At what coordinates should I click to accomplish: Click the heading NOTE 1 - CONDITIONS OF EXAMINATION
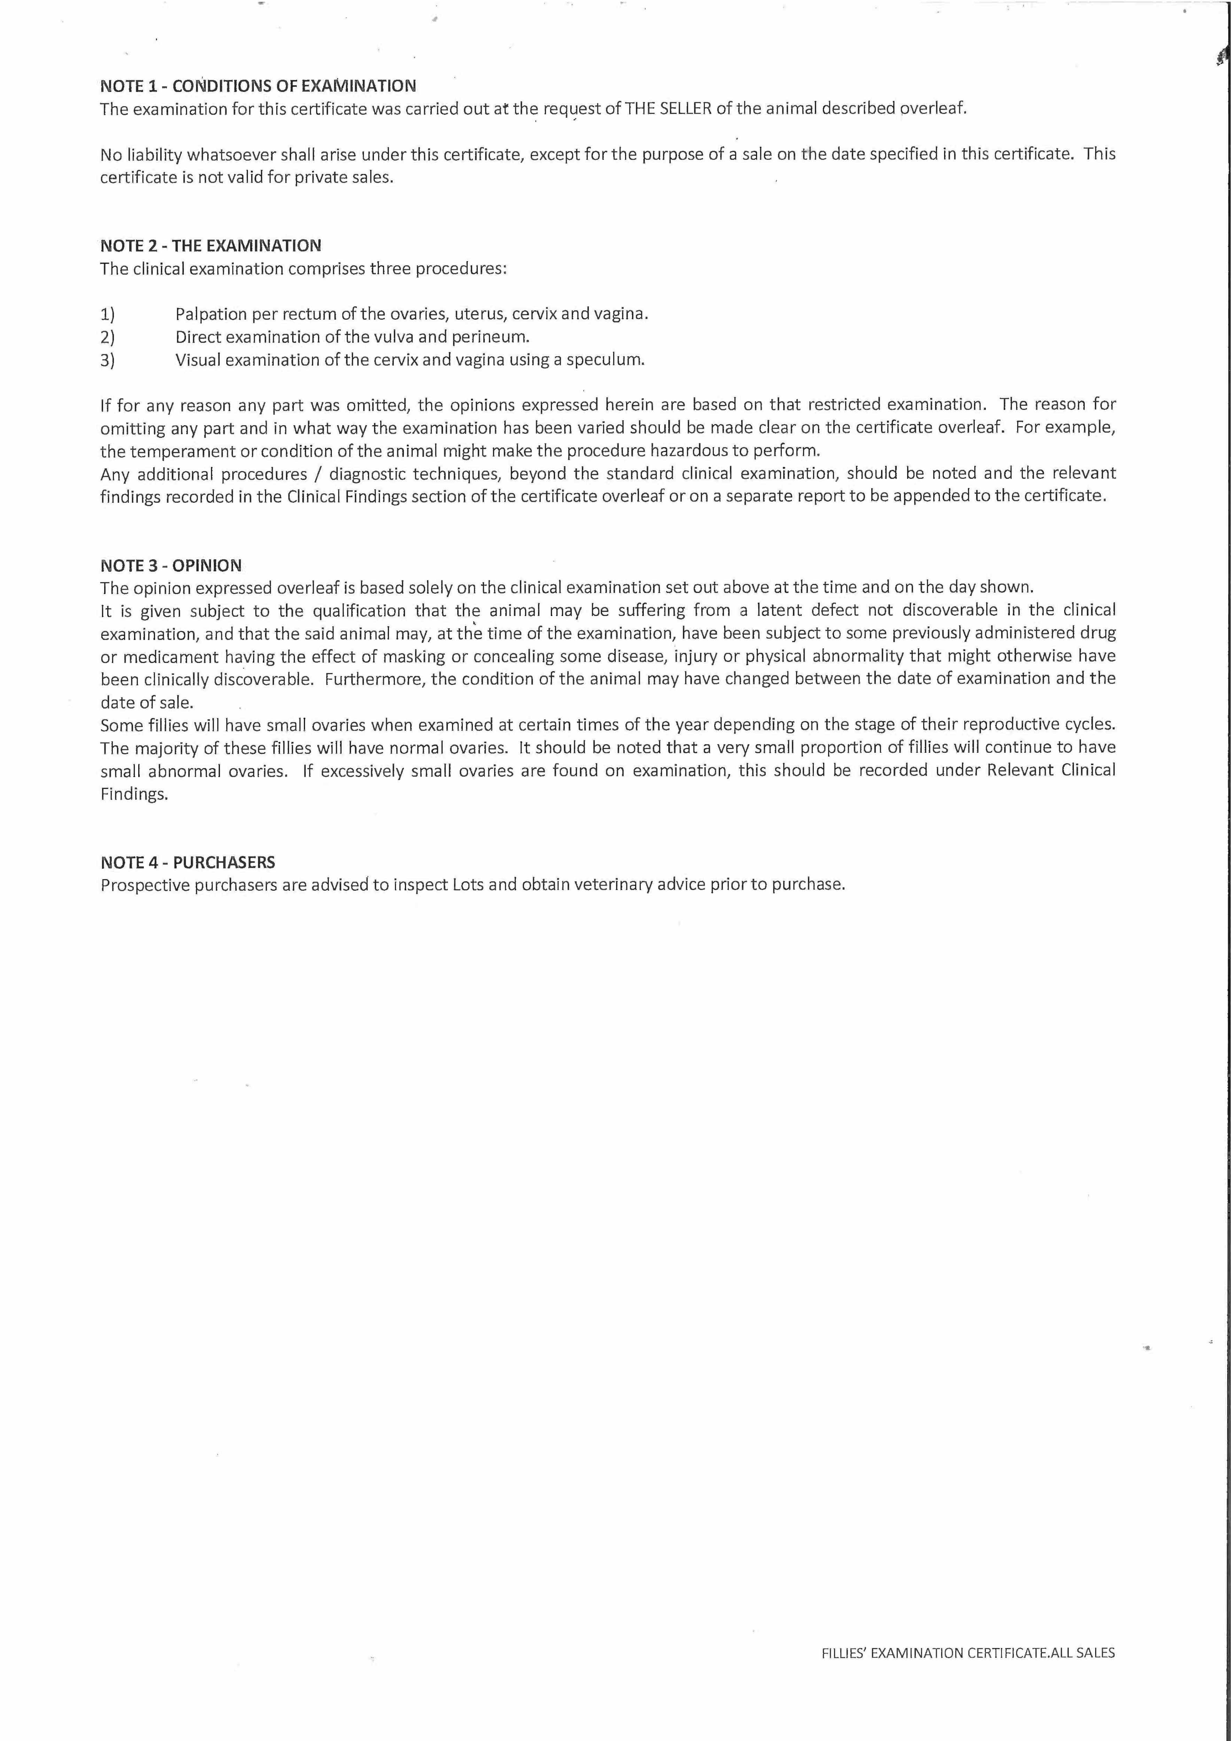pyautogui.click(x=258, y=86)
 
